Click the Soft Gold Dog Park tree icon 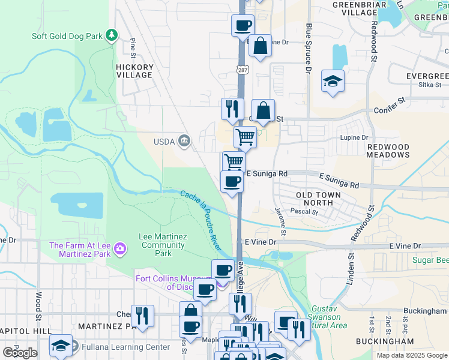pyautogui.click(x=111, y=35)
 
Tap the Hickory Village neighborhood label pyautogui.click(x=134, y=71)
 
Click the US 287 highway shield pyautogui.click(x=242, y=70)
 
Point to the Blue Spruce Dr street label pyautogui.click(x=309, y=49)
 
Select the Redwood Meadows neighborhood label pyautogui.click(x=388, y=151)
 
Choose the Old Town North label pyautogui.click(x=318, y=199)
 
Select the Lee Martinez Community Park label pyautogui.click(x=161, y=245)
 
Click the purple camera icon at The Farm pyautogui.click(x=120, y=248)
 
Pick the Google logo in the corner pyautogui.click(x=20, y=352)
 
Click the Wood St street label pyautogui.click(x=38, y=304)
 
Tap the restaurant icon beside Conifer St pyautogui.click(x=232, y=109)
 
